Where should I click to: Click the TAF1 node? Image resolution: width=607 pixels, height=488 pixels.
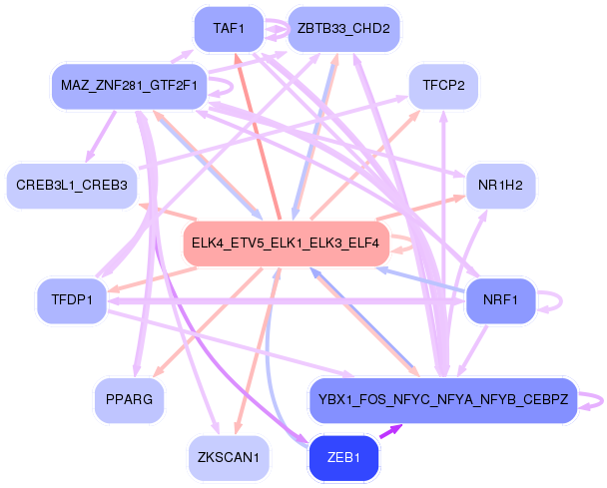[x=230, y=28]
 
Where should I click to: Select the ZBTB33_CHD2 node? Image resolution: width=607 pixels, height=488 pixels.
[x=343, y=28]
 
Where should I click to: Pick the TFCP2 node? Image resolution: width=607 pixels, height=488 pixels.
[x=443, y=86]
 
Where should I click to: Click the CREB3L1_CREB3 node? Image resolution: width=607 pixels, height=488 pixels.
[x=72, y=185]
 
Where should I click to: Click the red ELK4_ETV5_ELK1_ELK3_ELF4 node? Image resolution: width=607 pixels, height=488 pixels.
[x=286, y=244]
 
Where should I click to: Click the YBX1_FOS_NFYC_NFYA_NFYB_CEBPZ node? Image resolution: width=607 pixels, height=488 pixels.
[x=443, y=399]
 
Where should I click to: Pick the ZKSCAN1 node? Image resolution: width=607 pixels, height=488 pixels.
[x=229, y=457]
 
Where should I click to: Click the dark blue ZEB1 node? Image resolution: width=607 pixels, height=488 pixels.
[x=343, y=457]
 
